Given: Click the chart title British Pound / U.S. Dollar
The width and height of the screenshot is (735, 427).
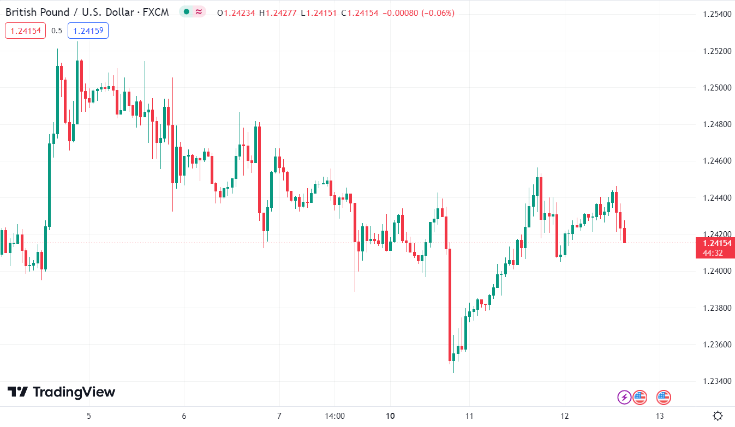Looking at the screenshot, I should point(71,12).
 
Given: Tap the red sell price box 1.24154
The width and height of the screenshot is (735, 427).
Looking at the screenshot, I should point(25,31).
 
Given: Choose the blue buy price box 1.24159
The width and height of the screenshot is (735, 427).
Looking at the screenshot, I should point(88,31).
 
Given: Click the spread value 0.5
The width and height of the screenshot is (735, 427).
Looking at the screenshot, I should point(57,31).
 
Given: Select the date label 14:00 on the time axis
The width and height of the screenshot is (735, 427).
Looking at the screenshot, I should point(334,416).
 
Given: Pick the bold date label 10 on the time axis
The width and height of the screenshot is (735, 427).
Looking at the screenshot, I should point(390,416).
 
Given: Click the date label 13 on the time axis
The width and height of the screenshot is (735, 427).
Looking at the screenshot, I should point(659,416).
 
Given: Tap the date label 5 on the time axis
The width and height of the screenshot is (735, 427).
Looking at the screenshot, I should point(89,416).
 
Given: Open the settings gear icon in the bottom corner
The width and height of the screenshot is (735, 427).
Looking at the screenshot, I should point(718,416).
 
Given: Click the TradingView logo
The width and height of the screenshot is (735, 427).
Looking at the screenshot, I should point(61,392).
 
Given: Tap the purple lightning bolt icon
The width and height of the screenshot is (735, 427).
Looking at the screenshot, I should point(624,397).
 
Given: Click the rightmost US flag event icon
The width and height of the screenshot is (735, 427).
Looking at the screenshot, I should point(664,397).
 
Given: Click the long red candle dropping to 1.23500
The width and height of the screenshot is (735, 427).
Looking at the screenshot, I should point(450,305).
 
